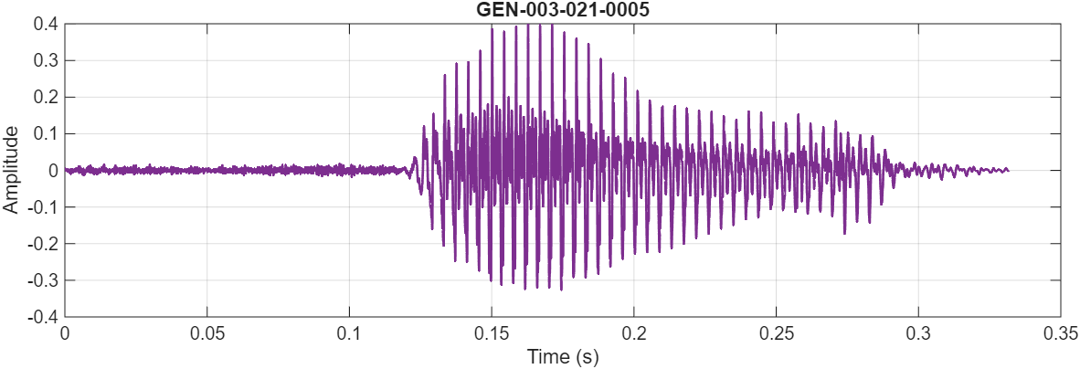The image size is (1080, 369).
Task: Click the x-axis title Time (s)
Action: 562,357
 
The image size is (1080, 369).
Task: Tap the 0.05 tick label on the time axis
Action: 206,333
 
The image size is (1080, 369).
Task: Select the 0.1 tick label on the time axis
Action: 349,333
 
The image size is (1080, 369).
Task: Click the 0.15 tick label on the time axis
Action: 492,333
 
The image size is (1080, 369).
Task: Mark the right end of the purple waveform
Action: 1008,170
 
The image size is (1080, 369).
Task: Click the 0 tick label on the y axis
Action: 53,171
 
